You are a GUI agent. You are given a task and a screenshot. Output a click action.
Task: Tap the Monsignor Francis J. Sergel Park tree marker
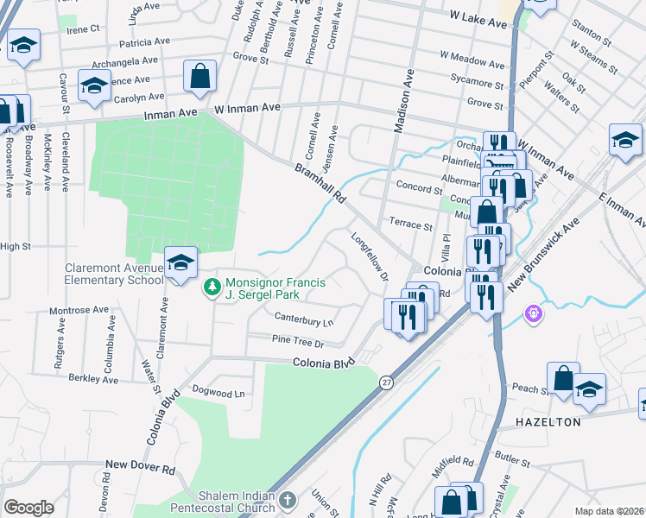[x=209, y=287]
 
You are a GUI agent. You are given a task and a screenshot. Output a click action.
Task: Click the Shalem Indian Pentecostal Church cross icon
[x=288, y=500]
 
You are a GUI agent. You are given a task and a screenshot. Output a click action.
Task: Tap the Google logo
[x=28, y=508]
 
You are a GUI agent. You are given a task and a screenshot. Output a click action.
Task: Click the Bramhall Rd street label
[x=320, y=183]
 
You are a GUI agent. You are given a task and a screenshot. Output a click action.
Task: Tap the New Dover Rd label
[x=140, y=465]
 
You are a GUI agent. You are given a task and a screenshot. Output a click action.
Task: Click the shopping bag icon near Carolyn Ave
[x=199, y=76]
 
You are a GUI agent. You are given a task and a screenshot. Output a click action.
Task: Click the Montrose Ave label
[x=79, y=309]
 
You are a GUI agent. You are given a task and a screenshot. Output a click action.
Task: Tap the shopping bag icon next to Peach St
[x=562, y=378]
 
